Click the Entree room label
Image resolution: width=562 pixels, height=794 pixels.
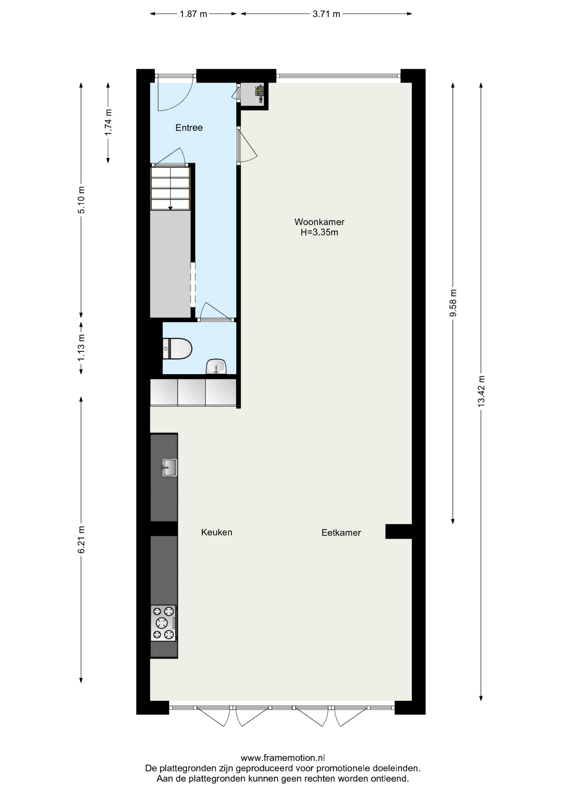(x=189, y=128)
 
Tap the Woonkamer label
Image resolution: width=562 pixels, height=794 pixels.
(x=319, y=222)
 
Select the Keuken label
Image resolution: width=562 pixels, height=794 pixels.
(x=216, y=532)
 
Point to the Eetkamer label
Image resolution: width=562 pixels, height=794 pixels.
(x=341, y=533)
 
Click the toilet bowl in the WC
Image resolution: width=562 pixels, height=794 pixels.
(x=178, y=349)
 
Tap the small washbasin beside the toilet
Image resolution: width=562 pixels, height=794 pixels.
(x=216, y=366)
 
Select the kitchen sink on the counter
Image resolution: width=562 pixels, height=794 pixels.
(x=169, y=468)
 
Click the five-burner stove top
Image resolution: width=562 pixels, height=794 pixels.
(x=163, y=623)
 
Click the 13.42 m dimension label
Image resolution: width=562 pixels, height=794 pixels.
(x=481, y=391)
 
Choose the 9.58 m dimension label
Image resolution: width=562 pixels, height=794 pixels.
(x=453, y=303)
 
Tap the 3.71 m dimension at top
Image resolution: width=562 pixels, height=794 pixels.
(x=326, y=14)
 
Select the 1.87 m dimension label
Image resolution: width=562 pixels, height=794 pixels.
(x=193, y=14)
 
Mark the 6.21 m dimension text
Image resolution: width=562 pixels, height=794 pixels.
(x=82, y=540)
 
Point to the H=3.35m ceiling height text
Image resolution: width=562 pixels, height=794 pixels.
(x=319, y=232)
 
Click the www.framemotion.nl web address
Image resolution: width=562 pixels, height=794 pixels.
(x=283, y=758)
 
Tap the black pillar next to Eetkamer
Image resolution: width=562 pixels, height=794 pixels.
(x=399, y=531)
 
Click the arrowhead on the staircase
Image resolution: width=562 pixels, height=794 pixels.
(x=170, y=208)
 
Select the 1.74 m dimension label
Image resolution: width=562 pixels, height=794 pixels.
(x=108, y=122)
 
